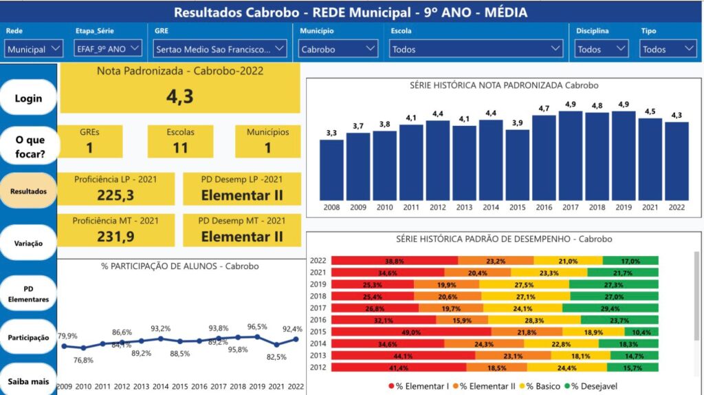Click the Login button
click(x=28, y=98)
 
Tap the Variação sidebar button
click(x=28, y=243)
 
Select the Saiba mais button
click(x=28, y=381)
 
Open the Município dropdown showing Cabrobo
click(x=338, y=49)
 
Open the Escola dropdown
click(x=476, y=49)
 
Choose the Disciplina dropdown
click(x=602, y=49)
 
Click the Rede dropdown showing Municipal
click(x=34, y=49)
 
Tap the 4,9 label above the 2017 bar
click(x=571, y=105)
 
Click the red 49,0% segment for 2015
click(x=411, y=332)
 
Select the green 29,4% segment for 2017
click(x=610, y=308)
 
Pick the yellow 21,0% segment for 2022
click(x=568, y=261)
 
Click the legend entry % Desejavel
click(x=597, y=386)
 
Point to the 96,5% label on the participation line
click(x=258, y=327)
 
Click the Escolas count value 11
click(x=180, y=147)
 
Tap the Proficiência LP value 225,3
click(x=115, y=195)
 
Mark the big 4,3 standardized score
click(x=179, y=96)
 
